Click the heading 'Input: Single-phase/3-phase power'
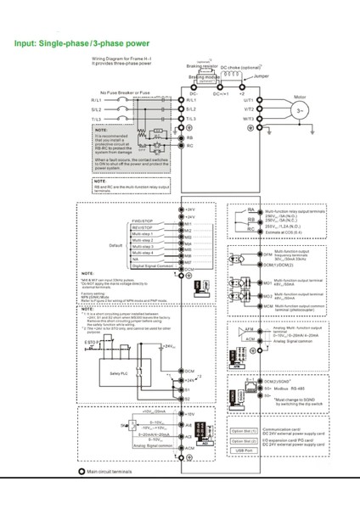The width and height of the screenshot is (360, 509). coord(82,42)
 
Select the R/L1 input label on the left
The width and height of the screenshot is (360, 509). coord(96,100)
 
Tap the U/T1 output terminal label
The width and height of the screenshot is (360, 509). coord(249,99)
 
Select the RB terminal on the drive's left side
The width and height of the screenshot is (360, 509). coord(189,136)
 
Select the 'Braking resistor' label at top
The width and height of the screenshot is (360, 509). coord(200,66)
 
